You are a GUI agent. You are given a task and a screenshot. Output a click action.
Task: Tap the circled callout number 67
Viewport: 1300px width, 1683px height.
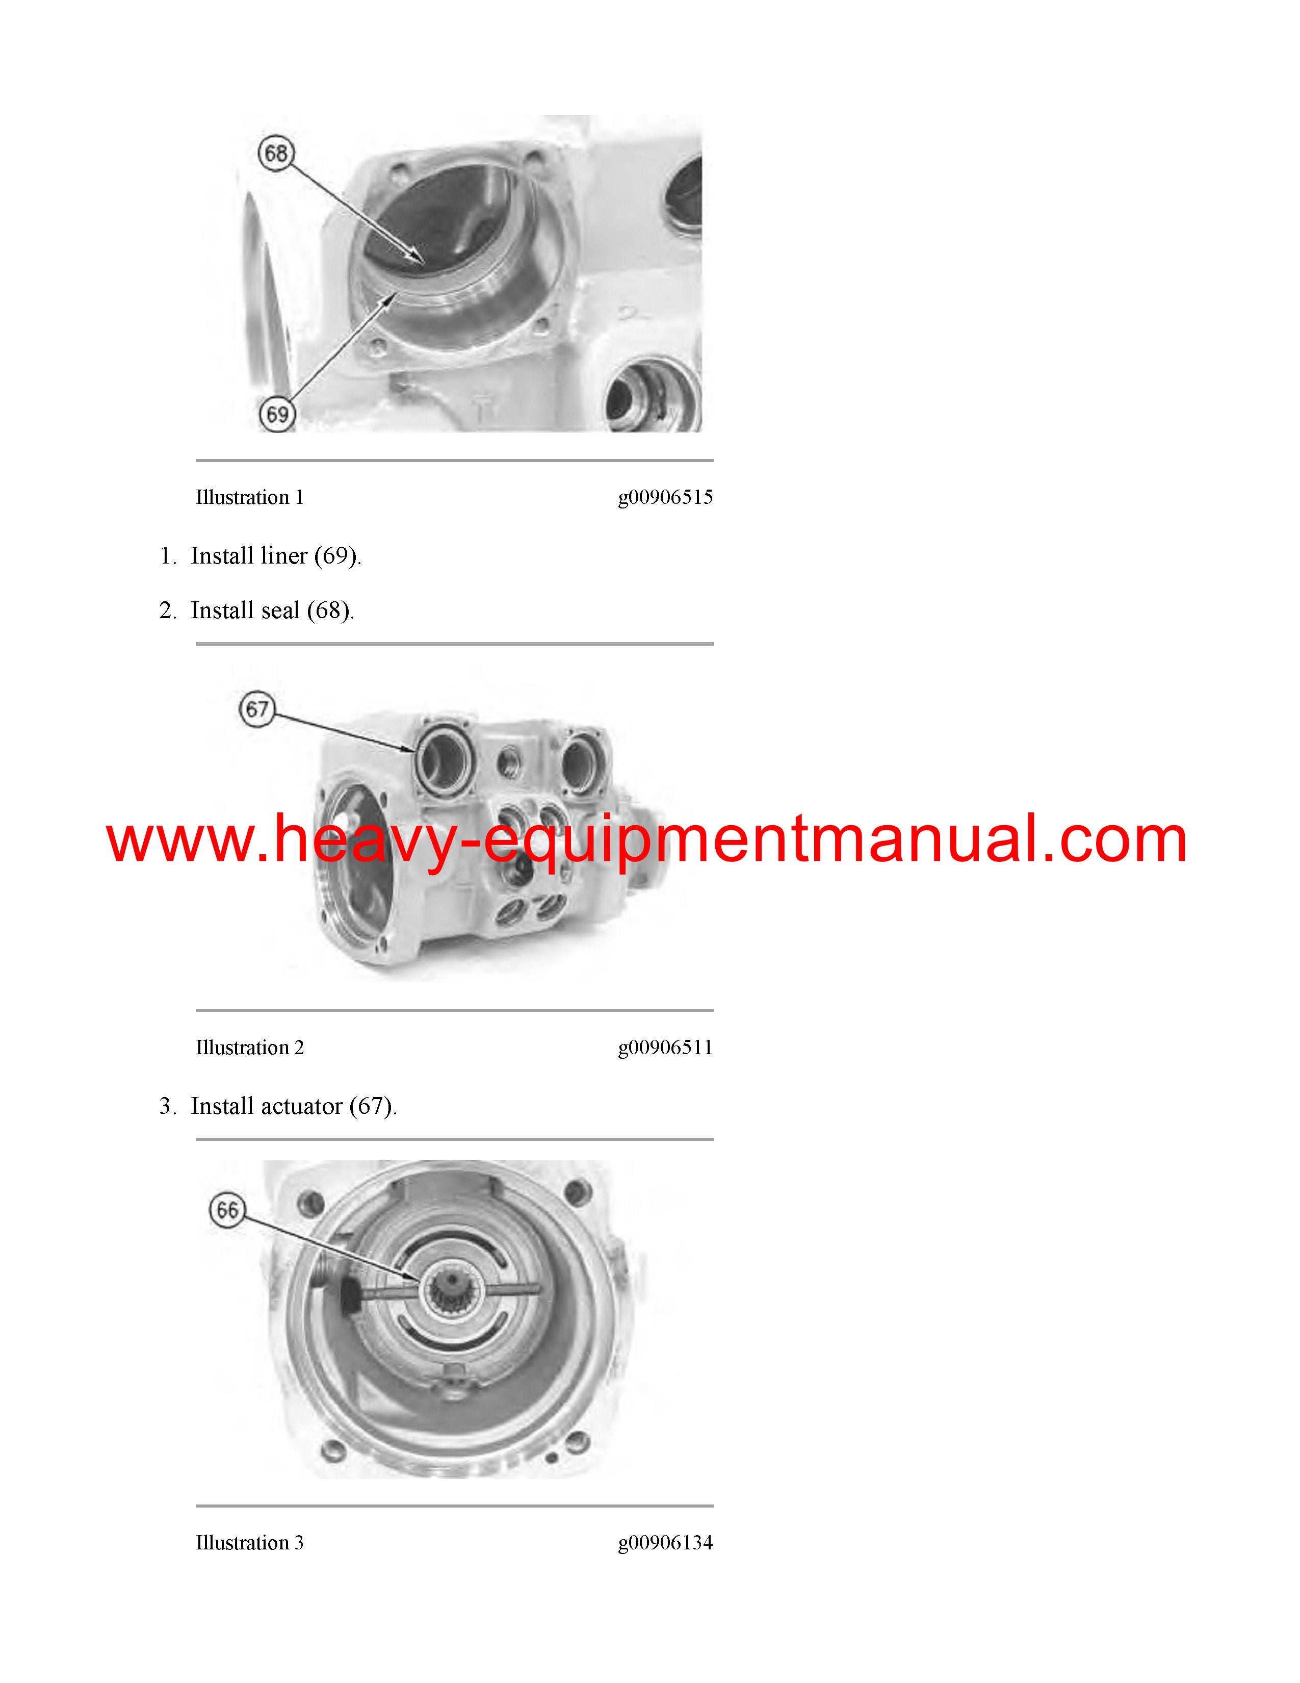point(257,709)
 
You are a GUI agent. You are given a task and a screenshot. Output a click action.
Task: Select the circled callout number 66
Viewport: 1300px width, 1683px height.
point(227,1210)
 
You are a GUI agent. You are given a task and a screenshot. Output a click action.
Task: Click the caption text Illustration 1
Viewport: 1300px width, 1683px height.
point(249,498)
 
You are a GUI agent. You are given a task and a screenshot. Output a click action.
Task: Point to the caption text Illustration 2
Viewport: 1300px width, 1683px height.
point(249,1048)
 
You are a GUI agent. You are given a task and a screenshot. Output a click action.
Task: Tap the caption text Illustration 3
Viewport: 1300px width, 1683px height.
point(249,1543)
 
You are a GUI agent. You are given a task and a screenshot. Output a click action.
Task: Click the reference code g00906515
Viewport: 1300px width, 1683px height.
point(665,498)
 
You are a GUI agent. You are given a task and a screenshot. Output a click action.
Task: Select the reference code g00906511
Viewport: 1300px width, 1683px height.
point(665,1048)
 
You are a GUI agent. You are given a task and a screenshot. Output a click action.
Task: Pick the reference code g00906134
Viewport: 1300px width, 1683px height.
point(665,1543)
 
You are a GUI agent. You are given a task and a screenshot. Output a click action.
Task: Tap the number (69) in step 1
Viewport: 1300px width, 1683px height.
point(336,556)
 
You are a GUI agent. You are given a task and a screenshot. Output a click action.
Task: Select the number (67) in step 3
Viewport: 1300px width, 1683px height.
point(372,1107)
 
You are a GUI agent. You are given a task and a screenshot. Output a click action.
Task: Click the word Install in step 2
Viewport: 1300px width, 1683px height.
point(223,610)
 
